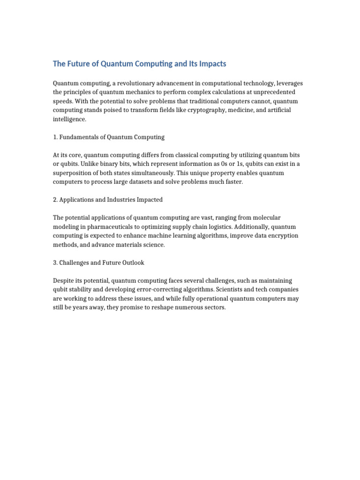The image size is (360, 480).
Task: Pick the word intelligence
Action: (x=70, y=119)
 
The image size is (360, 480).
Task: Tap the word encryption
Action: (x=282, y=236)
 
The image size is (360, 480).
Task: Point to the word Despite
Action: (x=63, y=281)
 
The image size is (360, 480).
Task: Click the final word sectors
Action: (x=215, y=307)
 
